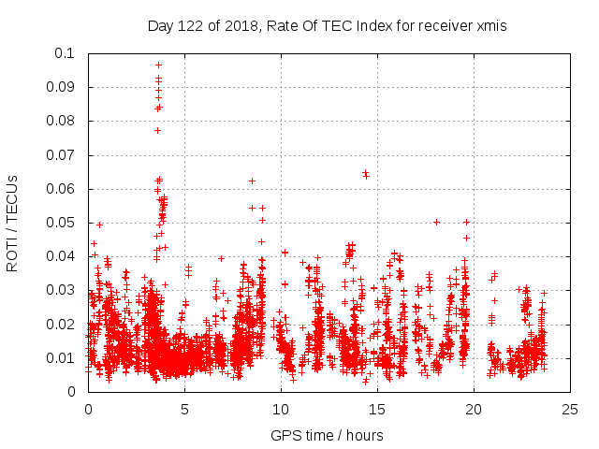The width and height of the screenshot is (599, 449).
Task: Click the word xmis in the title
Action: (x=490, y=26)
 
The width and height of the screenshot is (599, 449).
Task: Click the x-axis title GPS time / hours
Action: (x=327, y=435)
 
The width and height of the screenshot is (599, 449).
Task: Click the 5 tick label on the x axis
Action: (x=184, y=409)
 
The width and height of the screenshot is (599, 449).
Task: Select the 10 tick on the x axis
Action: (x=281, y=409)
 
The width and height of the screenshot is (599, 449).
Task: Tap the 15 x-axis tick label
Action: (x=377, y=409)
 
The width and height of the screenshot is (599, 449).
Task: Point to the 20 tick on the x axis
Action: (x=474, y=409)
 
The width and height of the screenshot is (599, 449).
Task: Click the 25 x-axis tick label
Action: (x=570, y=409)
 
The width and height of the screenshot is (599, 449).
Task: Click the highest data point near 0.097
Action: (x=158, y=65)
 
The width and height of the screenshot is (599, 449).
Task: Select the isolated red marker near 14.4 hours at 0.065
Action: (x=365, y=173)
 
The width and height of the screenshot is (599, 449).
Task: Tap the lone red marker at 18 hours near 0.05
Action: (x=436, y=222)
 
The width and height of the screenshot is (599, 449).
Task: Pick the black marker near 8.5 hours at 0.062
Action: (x=252, y=181)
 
